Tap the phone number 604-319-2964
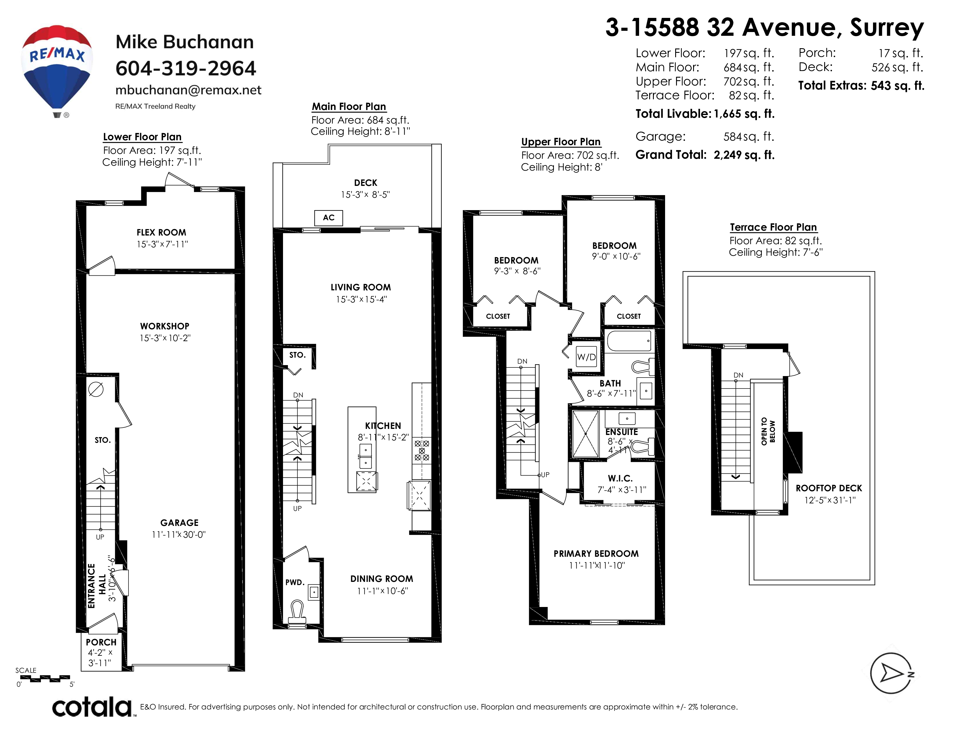pos(185,68)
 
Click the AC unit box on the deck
pos(329,218)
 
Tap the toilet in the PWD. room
pos(297,611)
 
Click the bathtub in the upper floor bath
pos(629,341)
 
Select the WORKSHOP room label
pos(165,326)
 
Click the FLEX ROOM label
pos(161,232)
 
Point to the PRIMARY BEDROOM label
pos(596,554)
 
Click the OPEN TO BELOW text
pos(768,432)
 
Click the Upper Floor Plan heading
pos(561,142)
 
